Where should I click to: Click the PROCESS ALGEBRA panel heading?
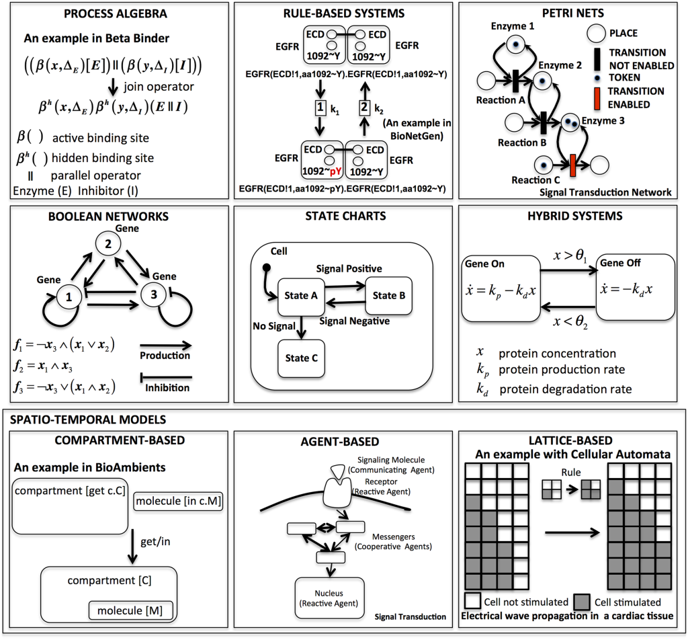(116, 13)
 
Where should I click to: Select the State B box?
(385, 295)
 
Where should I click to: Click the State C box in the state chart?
(302, 358)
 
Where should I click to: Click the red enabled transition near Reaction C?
(573, 165)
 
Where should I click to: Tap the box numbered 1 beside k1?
(320, 108)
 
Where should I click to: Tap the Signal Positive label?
(349, 269)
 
